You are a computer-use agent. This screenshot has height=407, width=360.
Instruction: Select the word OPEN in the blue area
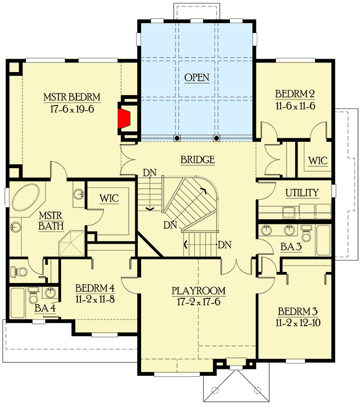tap(197, 77)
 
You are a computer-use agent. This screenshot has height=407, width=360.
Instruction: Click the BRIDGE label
tap(197, 160)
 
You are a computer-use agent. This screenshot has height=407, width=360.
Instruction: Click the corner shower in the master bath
tap(71, 243)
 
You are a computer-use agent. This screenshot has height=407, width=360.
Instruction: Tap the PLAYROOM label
tap(199, 291)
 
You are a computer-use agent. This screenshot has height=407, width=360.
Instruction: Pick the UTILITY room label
tap(302, 193)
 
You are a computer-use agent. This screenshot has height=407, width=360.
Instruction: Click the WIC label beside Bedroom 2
tap(318, 160)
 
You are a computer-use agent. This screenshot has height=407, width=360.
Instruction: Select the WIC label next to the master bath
tap(109, 198)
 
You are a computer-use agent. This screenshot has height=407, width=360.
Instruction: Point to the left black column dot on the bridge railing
tap(177, 138)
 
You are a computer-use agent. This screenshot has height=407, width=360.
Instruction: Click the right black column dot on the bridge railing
tap(216, 138)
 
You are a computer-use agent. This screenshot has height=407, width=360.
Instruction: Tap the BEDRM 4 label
tap(95, 289)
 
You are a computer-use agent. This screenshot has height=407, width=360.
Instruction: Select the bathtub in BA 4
tap(18, 300)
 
